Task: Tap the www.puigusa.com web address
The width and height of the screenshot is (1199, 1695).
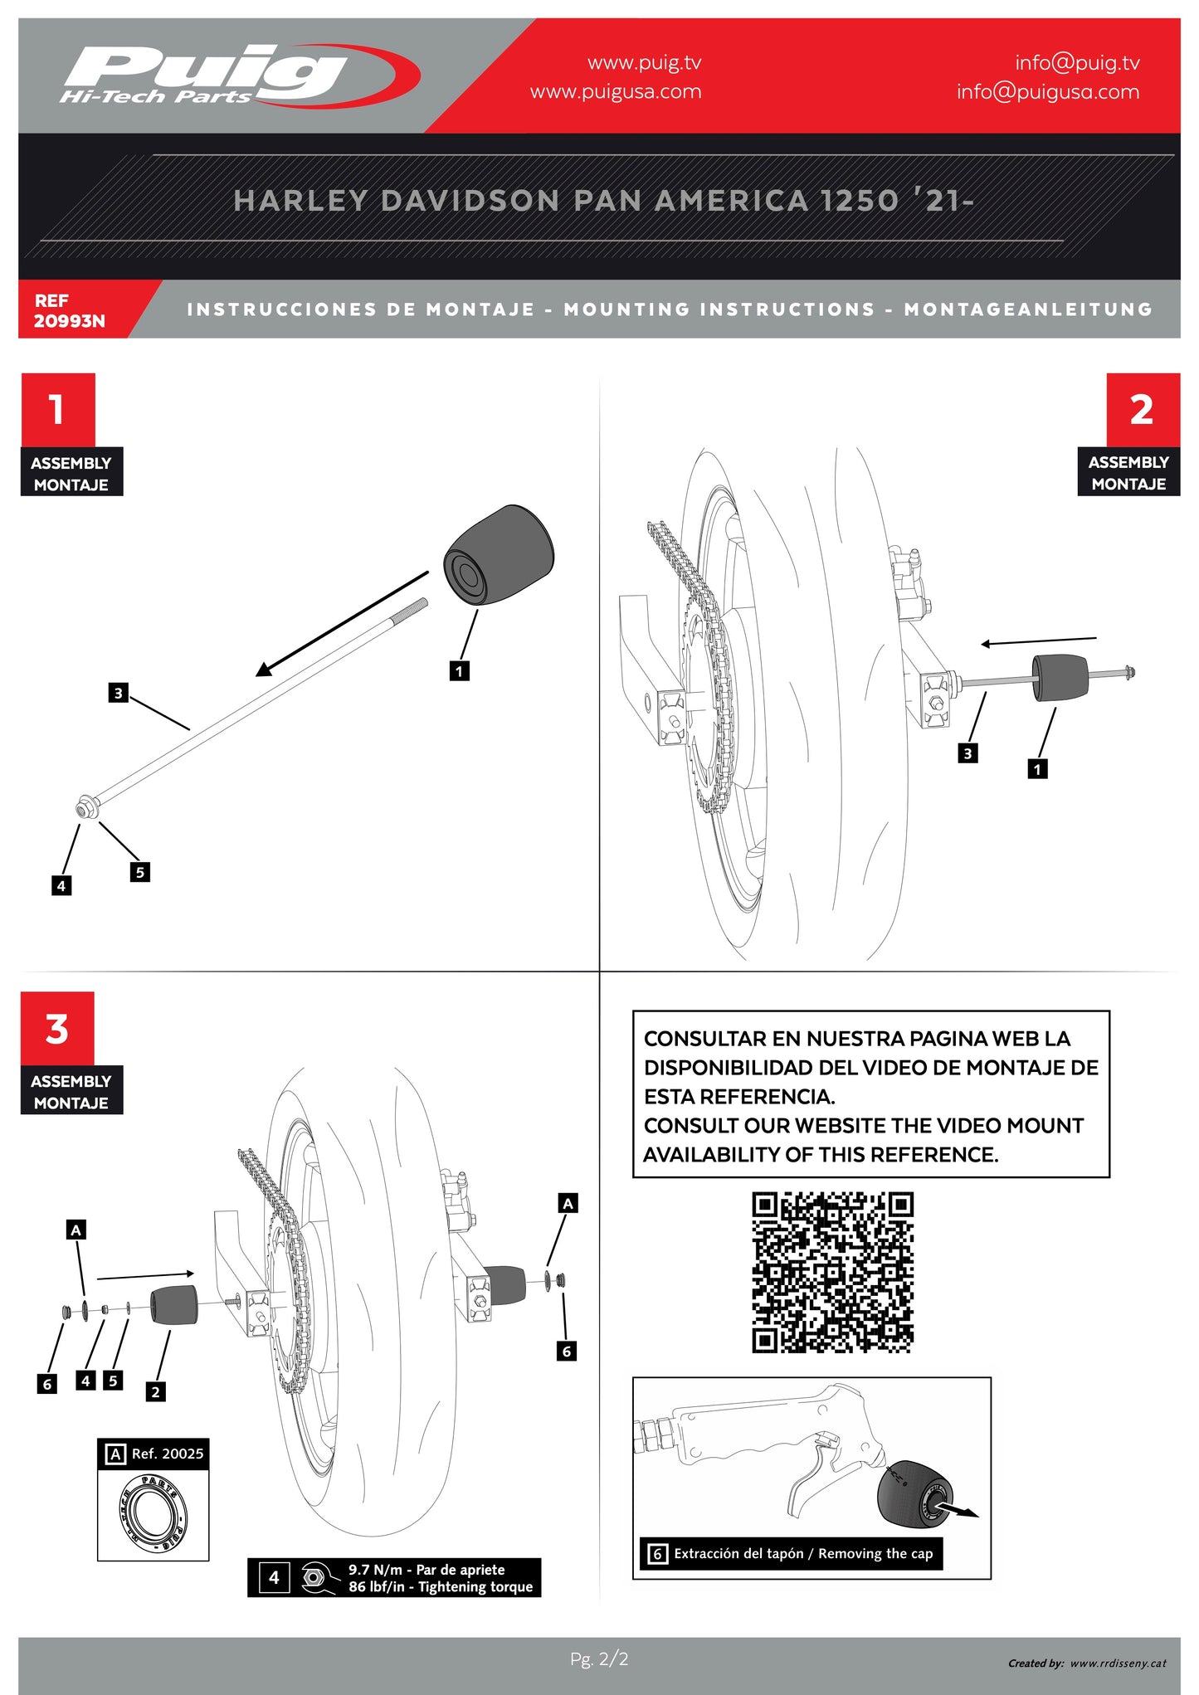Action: pyautogui.click(x=616, y=92)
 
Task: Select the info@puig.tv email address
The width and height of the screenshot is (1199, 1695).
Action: pyautogui.click(x=1076, y=63)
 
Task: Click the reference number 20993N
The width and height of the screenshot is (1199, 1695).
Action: pyautogui.click(x=70, y=321)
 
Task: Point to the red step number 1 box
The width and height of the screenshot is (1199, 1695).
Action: pyautogui.click(x=57, y=409)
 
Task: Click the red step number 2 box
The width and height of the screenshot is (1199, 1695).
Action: pyautogui.click(x=1142, y=409)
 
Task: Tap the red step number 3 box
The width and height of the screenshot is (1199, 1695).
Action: pyautogui.click(x=57, y=1029)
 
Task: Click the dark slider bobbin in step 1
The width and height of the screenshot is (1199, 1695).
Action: pyautogui.click(x=499, y=554)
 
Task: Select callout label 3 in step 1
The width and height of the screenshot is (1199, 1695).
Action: pyautogui.click(x=119, y=693)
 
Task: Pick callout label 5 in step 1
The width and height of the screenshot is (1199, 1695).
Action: pyautogui.click(x=140, y=872)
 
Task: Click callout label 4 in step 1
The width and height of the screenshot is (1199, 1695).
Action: pyautogui.click(x=61, y=886)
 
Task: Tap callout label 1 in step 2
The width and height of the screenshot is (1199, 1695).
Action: pyautogui.click(x=1036, y=769)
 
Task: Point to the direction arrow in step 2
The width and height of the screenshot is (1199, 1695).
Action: pyautogui.click(x=1038, y=641)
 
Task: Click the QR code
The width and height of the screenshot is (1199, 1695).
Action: pyautogui.click(x=832, y=1273)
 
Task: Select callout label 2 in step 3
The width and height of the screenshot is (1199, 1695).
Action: pyautogui.click(x=155, y=1392)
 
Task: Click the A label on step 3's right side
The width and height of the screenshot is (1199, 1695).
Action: pyautogui.click(x=568, y=1203)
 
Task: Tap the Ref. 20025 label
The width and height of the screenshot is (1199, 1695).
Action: pyautogui.click(x=167, y=1454)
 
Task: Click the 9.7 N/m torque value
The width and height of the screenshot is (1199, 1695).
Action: pyautogui.click(x=374, y=1570)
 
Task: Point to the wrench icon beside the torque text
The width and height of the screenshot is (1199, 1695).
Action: pyautogui.click(x=314, y=1577)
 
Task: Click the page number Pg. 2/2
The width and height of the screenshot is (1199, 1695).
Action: pyautogui.click(x=599, y=1659)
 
